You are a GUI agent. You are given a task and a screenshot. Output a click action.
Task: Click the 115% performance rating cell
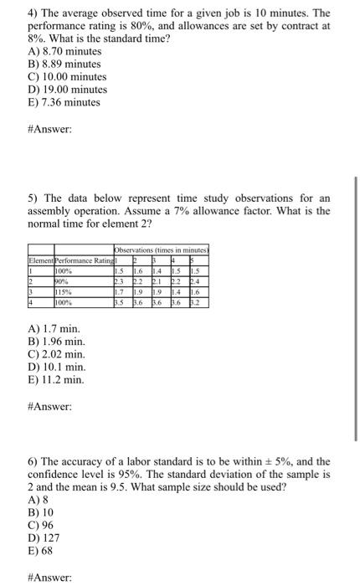[67, 291]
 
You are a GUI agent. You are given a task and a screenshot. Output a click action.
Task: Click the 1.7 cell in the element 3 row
[121, 291]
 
